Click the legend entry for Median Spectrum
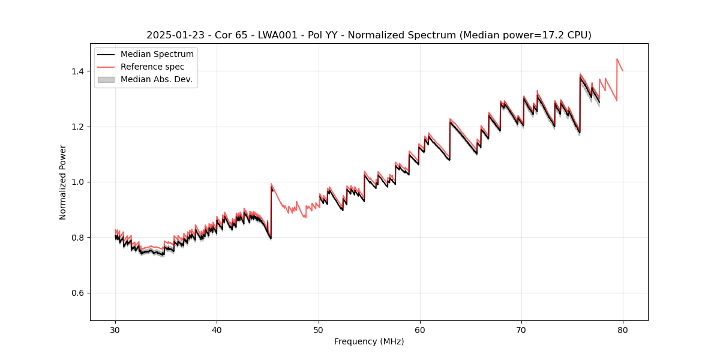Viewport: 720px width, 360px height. (157, 55)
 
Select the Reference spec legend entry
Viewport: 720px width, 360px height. (152, 67)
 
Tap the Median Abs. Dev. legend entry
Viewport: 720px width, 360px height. (156, 79)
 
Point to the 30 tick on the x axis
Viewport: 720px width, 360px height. (115, 329)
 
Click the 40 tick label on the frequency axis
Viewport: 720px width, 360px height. (217, 329)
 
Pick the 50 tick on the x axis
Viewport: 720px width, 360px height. (318, 329)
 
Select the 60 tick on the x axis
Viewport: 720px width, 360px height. (420, 329)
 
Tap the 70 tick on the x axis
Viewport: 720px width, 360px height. (521, 329)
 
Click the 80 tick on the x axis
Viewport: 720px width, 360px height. (623, 329)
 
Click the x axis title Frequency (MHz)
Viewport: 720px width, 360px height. (369, 341)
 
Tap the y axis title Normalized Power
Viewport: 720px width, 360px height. (63, 182)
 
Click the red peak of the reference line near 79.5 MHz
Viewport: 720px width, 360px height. (617, 59)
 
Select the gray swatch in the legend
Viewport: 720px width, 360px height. (106, 79)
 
